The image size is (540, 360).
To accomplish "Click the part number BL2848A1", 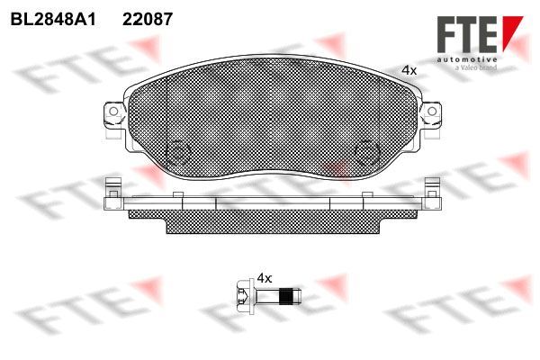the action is pos(53,19).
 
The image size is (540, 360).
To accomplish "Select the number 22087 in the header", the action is pos(148,19).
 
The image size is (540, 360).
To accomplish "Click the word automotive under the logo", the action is pos(466,60).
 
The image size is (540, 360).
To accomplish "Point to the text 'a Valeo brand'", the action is pos(476,67).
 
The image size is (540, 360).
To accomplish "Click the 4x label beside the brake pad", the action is pos(409,70).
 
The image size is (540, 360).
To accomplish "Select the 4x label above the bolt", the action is pos(265,278).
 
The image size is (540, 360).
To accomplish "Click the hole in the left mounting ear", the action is pos(113,111).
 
